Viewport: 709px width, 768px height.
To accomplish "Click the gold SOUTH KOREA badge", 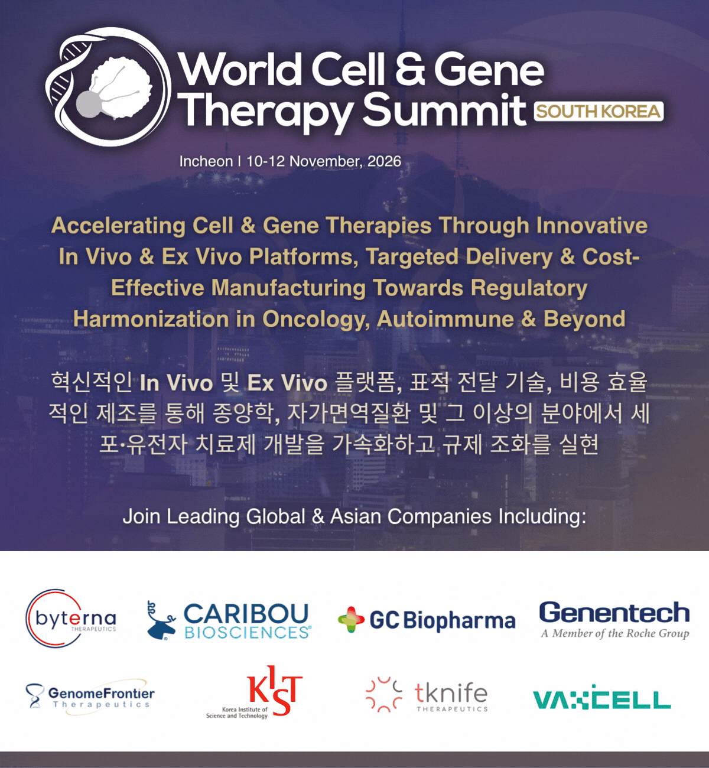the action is (599, 112).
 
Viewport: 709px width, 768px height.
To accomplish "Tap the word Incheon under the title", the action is (206, 161).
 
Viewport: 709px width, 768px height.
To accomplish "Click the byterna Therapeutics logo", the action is (71, 618).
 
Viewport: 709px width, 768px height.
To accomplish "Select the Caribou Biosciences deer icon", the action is (161, 620).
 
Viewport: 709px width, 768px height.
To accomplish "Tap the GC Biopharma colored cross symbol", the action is (351, 620).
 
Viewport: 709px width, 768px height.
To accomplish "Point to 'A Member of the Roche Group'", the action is (614, 633).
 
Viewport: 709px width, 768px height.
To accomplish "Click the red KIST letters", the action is (275, 689).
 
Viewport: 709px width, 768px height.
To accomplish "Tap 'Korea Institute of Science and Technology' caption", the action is (237, 712).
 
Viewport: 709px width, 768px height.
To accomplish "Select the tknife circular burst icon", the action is (383, 695).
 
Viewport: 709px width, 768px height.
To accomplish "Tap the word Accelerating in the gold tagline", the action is (118, 226).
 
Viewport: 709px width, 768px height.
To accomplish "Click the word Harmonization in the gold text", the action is (154, 319).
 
